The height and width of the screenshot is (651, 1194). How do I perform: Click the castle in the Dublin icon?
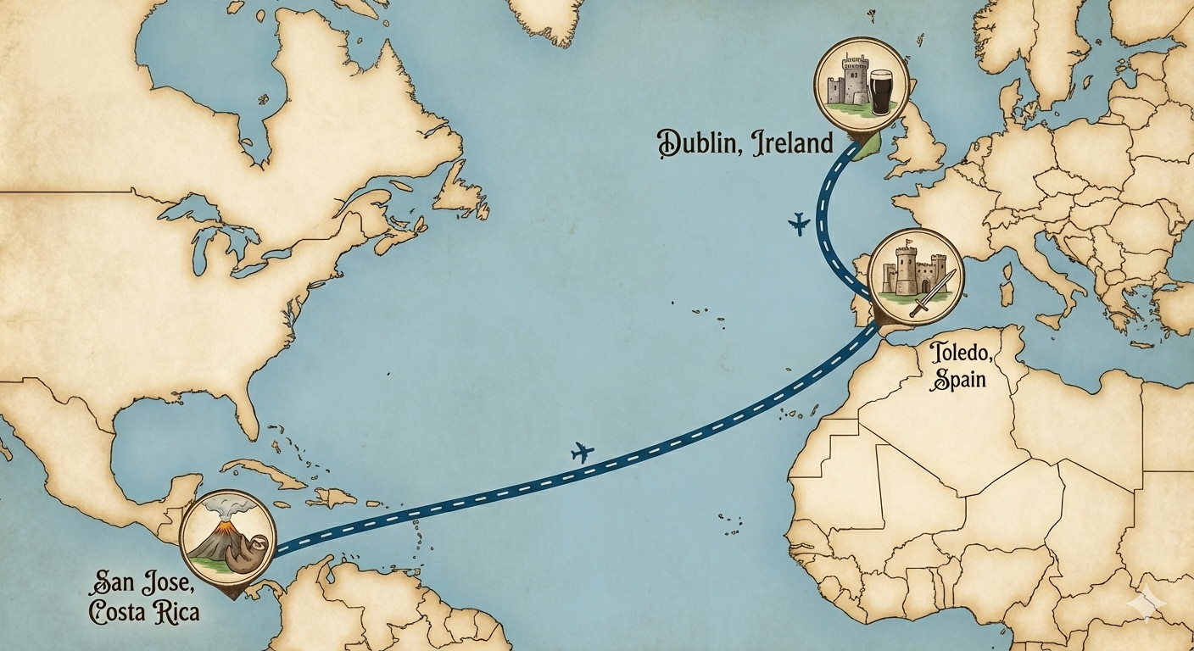[x=845, y=82]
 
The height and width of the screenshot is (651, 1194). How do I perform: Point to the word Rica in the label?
[x=174, y=610]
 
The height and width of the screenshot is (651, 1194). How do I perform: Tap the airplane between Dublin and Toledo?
[x=799, y=224]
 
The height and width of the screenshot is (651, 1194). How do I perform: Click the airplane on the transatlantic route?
[x=583, y=452]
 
